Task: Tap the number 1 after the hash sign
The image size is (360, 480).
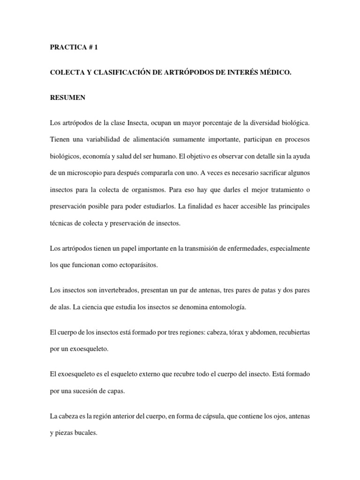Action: tap(97, 47)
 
